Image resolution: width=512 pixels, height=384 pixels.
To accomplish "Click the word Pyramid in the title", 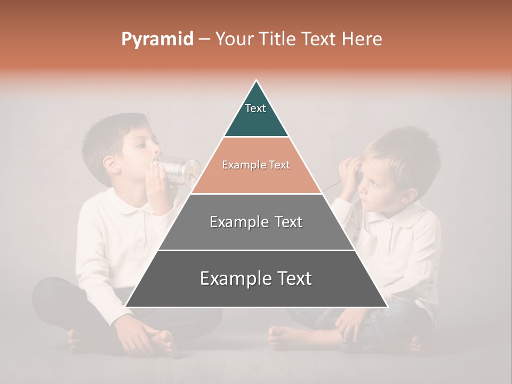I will (157, 39).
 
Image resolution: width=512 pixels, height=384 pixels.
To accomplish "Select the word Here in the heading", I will (362, 39).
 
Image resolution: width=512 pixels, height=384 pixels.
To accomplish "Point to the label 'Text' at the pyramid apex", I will (255, 108).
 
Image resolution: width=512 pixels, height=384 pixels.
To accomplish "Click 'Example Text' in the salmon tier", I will (256, 165).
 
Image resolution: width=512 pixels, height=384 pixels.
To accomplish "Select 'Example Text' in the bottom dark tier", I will (256, 278).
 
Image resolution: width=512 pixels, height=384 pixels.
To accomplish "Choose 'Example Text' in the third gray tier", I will (256, 222).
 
